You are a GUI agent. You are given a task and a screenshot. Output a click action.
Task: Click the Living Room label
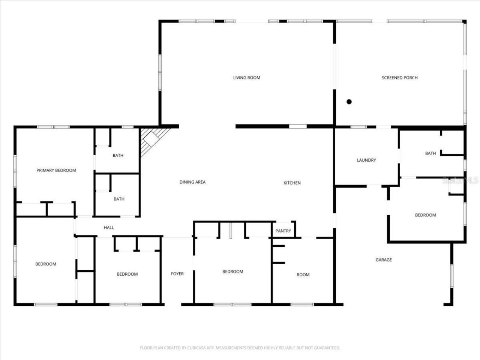click(x=246, y=78)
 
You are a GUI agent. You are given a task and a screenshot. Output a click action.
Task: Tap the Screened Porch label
click(x=399, y=78)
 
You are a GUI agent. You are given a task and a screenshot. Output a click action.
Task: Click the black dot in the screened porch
click(x=349, y=102)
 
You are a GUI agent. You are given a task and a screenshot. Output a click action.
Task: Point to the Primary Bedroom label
click(x=56, y=170)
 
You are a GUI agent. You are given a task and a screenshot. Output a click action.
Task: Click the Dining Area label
click(x=192, y=182)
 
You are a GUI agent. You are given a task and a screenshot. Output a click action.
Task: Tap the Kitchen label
click(x=292, y=183)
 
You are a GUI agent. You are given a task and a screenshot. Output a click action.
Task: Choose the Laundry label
click(x=366, y=160)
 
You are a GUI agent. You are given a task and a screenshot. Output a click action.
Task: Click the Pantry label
click(x=283, y=231)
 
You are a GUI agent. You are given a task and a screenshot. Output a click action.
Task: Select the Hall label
click(x=109, y=228)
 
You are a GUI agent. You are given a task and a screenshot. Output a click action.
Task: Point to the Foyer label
click(x=177, y=274)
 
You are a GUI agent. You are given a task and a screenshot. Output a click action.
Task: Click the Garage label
click(x=384, y=259)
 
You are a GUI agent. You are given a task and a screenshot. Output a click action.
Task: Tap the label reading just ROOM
click(x=303, y=275)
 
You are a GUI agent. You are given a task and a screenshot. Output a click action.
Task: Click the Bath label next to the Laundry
click(x=430, y=153)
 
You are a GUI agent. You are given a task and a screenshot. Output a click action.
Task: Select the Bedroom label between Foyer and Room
click(x=232, y=271)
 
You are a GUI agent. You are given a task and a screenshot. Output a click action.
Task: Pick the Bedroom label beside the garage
click(x=425, y=215)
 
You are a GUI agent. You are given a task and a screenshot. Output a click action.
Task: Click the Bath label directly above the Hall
click(x=119, y=199)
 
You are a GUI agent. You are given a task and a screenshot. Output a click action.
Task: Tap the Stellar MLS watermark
click(x=460, y=181)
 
